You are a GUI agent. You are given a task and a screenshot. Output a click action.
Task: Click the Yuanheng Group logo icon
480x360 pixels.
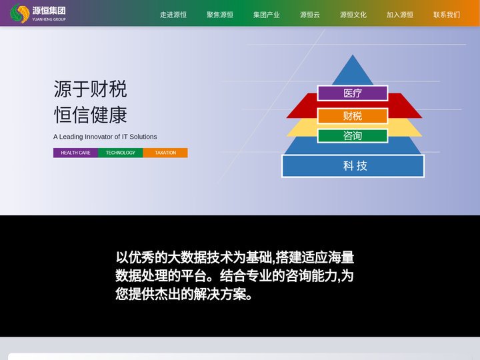20,13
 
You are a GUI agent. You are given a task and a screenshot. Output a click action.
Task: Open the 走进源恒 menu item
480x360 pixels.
173,15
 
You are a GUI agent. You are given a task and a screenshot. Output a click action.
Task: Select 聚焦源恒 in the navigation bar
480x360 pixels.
220,15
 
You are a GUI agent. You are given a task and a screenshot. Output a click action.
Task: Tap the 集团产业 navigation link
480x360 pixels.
266,15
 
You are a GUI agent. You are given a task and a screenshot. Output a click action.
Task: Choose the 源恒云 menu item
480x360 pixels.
310,15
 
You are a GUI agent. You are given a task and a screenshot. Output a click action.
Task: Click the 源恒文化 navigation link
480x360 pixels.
353,15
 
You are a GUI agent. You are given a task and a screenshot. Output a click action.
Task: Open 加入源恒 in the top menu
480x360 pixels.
400,15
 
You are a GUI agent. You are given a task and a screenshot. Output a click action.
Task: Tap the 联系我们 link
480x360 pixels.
447,15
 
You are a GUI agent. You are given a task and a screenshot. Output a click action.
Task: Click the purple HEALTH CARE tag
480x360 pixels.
75,153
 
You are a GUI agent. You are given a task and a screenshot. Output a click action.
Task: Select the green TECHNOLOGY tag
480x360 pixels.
120,153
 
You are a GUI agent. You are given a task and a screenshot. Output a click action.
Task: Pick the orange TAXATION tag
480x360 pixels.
165,153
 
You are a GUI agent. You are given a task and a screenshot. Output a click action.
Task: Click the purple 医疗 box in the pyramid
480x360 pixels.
353,93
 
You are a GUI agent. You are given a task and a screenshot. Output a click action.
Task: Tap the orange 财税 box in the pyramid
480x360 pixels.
353,116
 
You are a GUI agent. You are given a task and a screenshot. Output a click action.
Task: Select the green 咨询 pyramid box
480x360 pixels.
353,135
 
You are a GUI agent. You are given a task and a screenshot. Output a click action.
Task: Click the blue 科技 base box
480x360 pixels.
353,166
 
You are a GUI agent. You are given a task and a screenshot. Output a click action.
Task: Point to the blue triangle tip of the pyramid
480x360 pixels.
353,55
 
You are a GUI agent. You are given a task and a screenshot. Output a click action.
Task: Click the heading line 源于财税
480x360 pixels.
90,89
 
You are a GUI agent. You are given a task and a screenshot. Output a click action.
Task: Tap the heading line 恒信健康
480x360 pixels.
90,115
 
